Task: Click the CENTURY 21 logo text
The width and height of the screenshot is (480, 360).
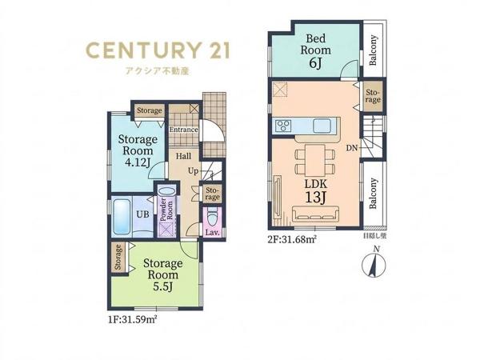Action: [158, 50]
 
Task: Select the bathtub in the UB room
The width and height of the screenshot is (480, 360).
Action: [122, 217]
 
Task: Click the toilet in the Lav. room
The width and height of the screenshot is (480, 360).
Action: [212, 218]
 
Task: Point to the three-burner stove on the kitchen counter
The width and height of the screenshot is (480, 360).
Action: [284, 126]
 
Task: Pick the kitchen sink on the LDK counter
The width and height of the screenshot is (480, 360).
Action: [322, 126]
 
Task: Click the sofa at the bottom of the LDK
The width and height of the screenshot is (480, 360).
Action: [316, 214]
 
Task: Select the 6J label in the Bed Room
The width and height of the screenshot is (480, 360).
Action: [316, 63]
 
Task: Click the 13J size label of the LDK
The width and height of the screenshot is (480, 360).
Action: [316, 198]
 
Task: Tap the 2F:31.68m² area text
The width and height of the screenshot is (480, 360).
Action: [292, 238]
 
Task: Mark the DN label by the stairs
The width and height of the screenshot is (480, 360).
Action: [352, 148]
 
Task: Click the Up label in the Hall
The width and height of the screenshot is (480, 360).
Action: [193, 171]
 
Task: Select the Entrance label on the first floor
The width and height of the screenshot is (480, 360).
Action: [184, 130]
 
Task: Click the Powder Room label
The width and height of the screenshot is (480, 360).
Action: [166, 210]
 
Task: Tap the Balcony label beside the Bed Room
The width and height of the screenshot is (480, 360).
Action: [373, 50]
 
